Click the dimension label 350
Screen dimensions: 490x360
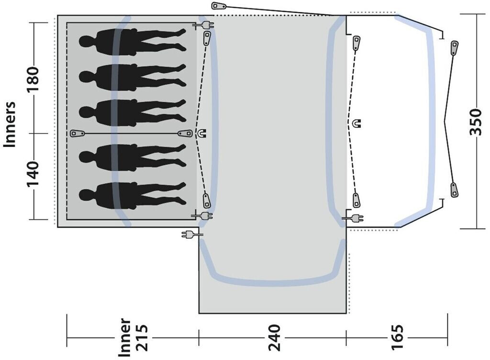(x=476, y=122)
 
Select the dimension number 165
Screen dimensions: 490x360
(x=397, y=337)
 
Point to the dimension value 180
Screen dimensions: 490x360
(x=33, y=79)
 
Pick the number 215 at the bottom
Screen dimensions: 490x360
(x=140, y=337)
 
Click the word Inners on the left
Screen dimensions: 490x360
(x=10, y=124)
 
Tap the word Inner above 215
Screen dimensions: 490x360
(x=124, y=337)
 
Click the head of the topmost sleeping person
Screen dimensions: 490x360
(x=86, y=41)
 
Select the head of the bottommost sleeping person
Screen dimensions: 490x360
(x=86, y=195)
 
